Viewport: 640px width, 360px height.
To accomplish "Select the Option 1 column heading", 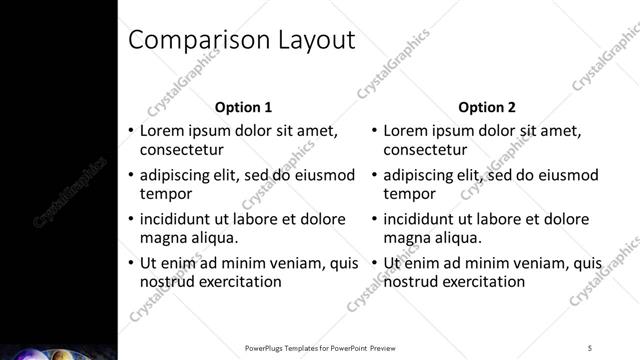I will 244,107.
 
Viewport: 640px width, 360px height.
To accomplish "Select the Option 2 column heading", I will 487,107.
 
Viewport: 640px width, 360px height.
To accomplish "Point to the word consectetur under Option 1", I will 180,150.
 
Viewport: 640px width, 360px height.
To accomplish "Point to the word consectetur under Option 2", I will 424,150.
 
